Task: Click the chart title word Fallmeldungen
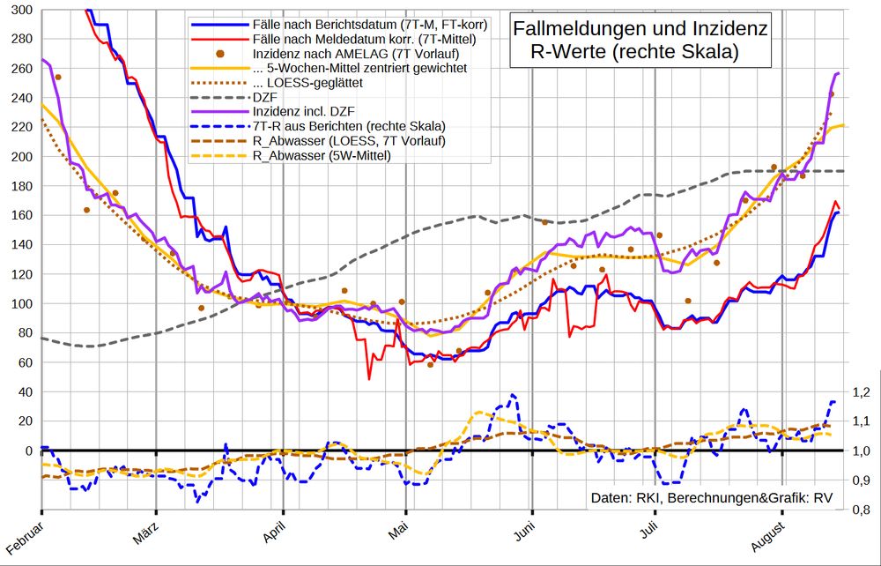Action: (x=572, y=30)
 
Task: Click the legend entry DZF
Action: (x=262, y=96)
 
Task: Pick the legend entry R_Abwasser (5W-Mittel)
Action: (x=322, y=155)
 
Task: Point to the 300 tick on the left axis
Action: (x=20, y=11)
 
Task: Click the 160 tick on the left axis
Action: (x=20, y=216)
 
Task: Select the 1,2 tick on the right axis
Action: (x=861, y=392)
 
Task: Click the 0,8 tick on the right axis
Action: (x=861, y=510)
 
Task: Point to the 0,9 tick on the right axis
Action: (x=861, y=480)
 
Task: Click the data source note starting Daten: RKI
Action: (x=711, y=498)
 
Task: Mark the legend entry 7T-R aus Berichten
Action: (x=348, y=125)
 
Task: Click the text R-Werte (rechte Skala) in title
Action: (x=634, y=53)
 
